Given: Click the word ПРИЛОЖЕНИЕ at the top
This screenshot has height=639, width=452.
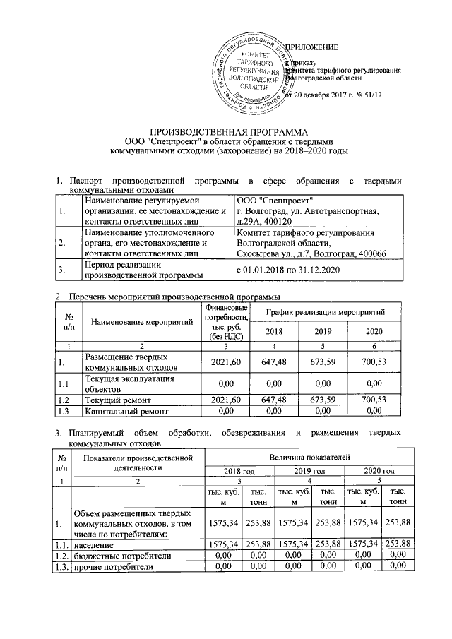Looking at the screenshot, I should (311, 47).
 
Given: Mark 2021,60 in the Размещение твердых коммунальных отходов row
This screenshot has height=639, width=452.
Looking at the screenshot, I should (226, 362).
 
